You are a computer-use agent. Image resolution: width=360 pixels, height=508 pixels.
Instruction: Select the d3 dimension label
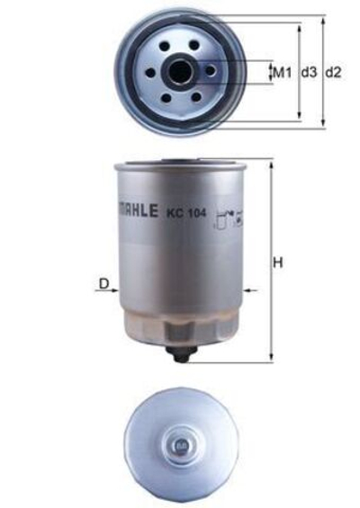pyautogui.click(x=309, y=71)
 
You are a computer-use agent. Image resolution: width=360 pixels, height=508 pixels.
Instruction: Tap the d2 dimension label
pyautogui.click(x=334, y=71)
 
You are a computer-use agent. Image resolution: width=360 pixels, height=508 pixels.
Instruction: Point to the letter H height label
pyautogui.click(x=279, y=263)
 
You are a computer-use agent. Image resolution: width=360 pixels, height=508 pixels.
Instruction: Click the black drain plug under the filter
pyautogui.click(x=183, y=357)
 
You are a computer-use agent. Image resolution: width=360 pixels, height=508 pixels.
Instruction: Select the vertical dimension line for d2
pyautogui.click(x=321, y=71)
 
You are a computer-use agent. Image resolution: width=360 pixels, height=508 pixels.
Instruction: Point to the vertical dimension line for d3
pyautogui.click(x=298, y=71)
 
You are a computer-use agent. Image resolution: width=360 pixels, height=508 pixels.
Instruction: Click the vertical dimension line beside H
pyautogui.click(x=269, y=261)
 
